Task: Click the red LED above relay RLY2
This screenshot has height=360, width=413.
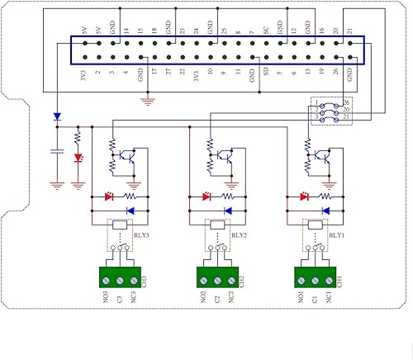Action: (206, 197)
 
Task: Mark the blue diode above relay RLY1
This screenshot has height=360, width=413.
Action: (325, 211)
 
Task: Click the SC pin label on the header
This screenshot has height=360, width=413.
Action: (265, 29)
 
